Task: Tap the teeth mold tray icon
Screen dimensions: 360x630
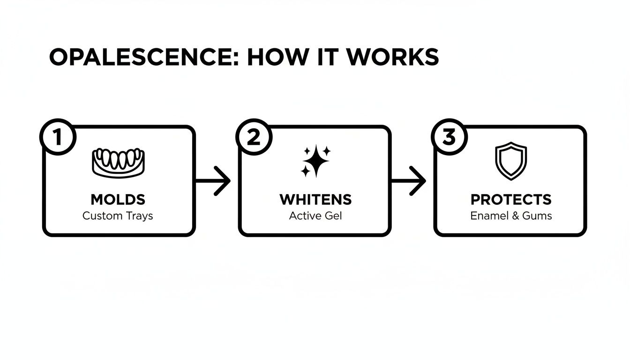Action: pos(118,162)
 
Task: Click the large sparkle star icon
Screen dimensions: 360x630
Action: pos(317,162)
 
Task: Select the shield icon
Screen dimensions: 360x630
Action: pos(511,161)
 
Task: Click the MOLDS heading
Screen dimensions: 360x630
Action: pos(118,200)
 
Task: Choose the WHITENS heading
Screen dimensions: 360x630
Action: pos(315,200)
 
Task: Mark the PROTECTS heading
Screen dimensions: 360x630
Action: pos(511,200)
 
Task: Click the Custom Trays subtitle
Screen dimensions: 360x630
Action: pos(118,216)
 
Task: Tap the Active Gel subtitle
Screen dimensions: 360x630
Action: pos(315,216)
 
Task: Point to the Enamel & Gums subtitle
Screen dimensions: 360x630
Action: pos(511,216)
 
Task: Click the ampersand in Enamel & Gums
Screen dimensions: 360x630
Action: pos(513,216)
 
